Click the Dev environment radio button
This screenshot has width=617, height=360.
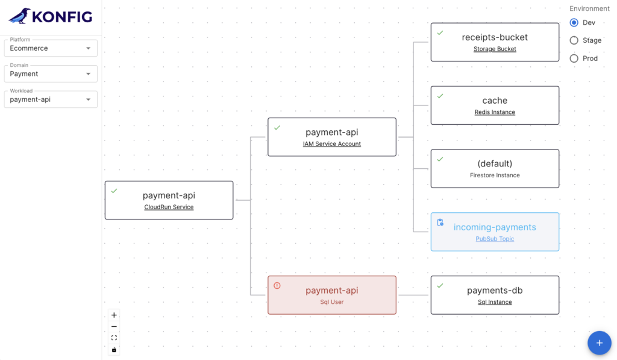(x=574, y=23)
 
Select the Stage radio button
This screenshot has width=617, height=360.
(x=574, y=40)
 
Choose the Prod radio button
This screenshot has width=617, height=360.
(x=574, y=58)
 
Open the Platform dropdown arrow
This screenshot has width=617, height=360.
(x=88, y=48)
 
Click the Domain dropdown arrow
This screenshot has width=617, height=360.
(x=88, y=74)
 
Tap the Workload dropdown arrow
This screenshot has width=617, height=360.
(x=88, y=99)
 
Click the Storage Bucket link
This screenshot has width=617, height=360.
(x=495, y=49)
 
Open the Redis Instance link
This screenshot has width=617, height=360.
(x=495, y=112)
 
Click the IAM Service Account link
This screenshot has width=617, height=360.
(x=332, y=144)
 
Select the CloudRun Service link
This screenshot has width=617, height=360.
(x=169, y=207)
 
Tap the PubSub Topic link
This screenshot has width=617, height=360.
(x=495, y=239)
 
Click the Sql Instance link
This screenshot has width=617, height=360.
(x=495, y=302)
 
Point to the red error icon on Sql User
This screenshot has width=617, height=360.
(x=277, y=286)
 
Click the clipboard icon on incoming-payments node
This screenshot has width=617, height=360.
(x=440, y=223)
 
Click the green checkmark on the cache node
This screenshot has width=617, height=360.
(x=440, y=96)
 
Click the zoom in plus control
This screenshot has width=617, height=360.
(x=114, y=315)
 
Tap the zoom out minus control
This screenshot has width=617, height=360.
(x=114, y=326)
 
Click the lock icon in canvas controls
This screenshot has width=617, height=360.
(x=114, y=350)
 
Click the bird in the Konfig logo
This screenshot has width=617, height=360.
(x=20, y=16)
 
